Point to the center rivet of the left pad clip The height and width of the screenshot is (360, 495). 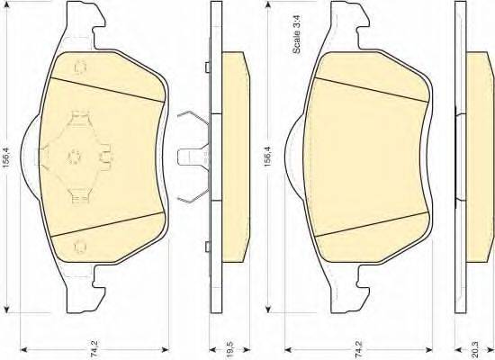click(75, 156)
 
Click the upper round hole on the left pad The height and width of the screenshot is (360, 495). click(80, 67)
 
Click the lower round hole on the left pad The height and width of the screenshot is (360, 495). click(80, 247)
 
